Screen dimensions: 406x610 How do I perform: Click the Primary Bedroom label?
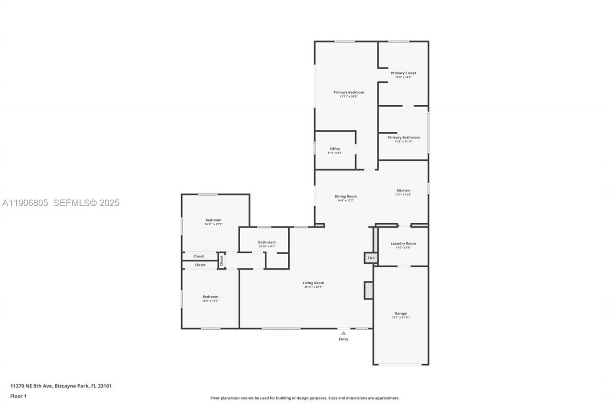click(x=348, y=92)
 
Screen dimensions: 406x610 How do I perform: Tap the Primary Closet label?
click(x=403, y=73)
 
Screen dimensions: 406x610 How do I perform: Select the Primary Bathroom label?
click(x=403, y=138)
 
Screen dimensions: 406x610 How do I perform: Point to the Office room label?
click(x=335, y=149)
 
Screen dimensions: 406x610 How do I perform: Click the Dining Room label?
click(x=345, y=197)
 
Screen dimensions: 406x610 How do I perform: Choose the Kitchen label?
click(x=403, y=190)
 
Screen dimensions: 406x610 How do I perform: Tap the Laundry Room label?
click(x=403, y=244)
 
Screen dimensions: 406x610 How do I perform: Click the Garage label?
click(x=400, y=314)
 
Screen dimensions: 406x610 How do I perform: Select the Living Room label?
click(x=313, y=283)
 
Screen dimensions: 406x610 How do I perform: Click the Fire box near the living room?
click(x=371, y=258)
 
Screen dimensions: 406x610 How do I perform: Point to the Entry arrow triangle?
click(x=344, y=333)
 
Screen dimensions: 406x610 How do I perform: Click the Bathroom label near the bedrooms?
click(x=266, y=242)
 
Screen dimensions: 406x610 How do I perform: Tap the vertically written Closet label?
click(x=221, y=261)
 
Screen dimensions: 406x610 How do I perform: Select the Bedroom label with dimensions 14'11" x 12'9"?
click(x=213, y=220)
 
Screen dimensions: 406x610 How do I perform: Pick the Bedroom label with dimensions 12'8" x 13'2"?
click(x=210, y=297)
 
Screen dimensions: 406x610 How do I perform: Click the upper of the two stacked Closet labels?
click(x=199, y=257)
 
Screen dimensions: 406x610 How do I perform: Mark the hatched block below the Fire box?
click(x=368, y=290)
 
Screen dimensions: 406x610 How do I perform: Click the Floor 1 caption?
click(x=19, y=396)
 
